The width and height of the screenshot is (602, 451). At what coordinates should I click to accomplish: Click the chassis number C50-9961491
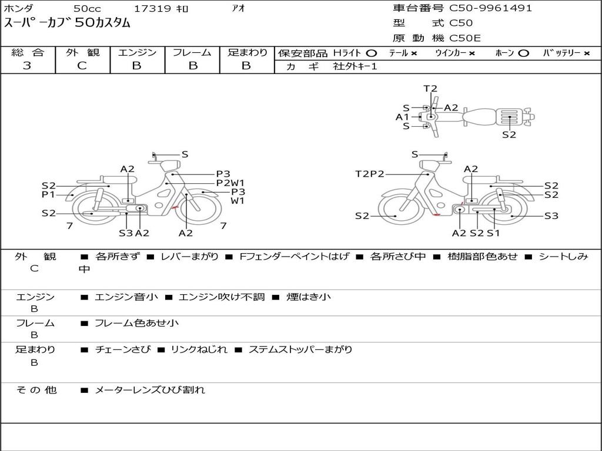point(491,8)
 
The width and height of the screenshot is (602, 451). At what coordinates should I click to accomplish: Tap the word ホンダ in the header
point(19,8)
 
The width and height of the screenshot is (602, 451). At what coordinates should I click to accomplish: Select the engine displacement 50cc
point(87,8)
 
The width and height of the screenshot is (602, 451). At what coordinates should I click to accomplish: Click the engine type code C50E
point(465,38)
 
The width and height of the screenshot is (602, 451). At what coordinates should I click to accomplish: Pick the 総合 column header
point(28,52)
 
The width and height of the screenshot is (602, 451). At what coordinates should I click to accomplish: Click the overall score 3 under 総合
point(27,66)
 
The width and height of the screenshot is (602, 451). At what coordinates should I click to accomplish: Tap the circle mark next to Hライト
point(372,53)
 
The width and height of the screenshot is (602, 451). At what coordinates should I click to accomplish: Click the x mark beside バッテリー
point(587,53)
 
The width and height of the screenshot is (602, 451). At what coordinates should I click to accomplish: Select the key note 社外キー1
point(355,66)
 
